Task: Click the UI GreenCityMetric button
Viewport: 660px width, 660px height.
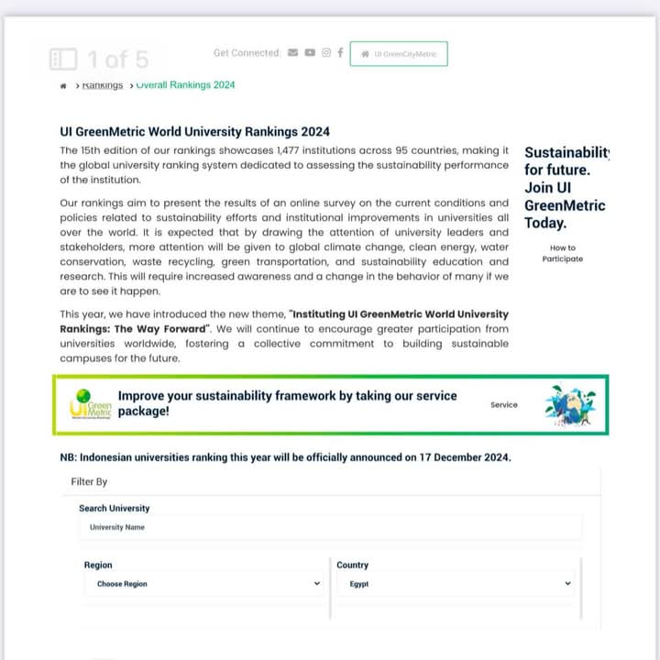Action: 399,54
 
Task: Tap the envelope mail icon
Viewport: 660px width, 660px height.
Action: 292,52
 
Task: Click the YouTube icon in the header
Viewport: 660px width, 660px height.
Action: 310,52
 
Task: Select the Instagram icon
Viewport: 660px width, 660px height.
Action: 325,52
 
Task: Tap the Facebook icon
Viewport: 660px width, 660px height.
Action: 340,52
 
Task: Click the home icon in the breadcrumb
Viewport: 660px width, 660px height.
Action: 63,85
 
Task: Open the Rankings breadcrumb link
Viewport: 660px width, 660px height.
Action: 102,85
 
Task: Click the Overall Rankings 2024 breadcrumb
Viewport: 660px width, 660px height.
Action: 185,85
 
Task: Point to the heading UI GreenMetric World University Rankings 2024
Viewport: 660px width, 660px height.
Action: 194,132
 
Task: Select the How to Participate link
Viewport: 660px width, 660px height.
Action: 562,253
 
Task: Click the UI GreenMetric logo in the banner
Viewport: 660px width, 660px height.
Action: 91,404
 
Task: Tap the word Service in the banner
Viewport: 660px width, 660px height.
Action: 503,404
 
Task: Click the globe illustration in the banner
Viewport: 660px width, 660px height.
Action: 568,404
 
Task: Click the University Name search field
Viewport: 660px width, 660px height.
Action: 330,527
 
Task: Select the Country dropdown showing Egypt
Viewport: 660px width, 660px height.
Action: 455,584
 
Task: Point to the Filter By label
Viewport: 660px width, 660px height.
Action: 89,481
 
